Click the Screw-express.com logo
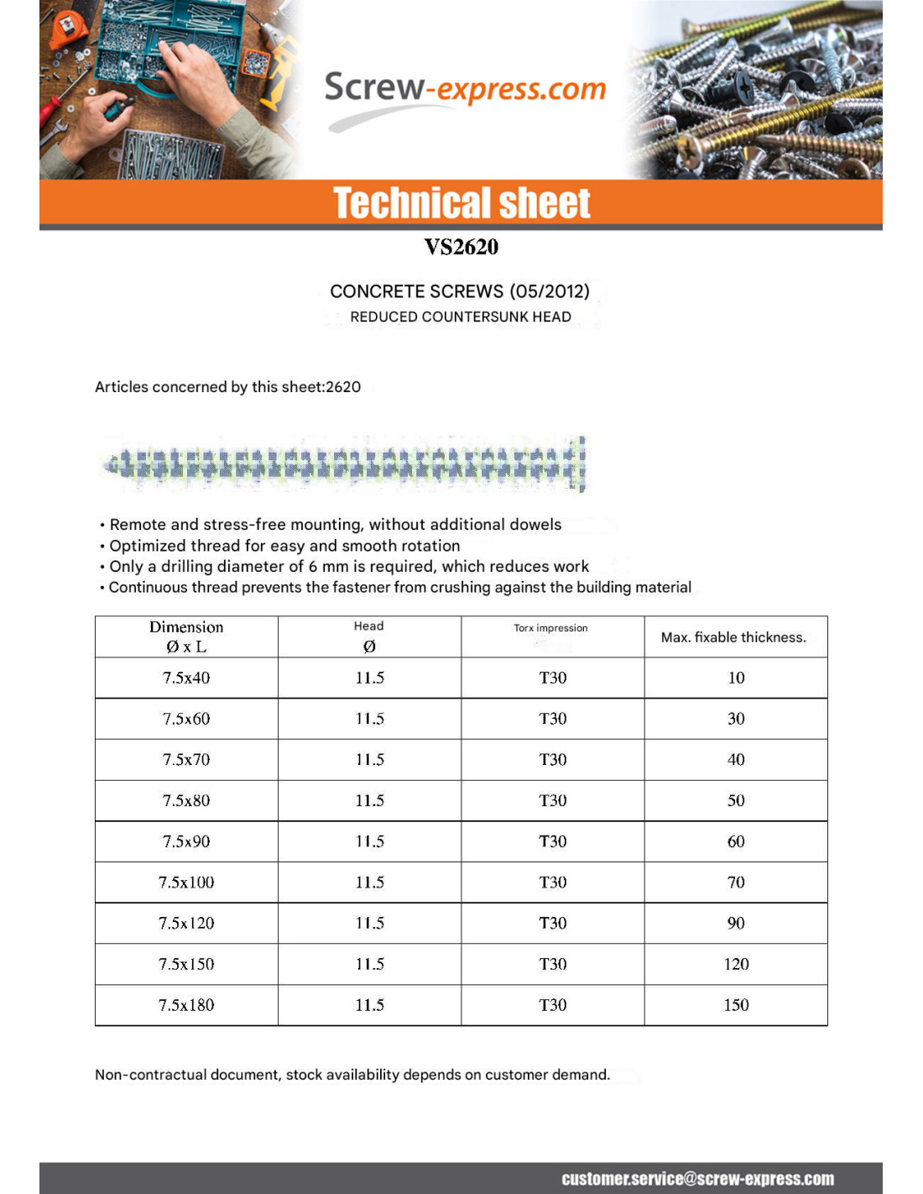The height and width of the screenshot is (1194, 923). [x=464, y=89]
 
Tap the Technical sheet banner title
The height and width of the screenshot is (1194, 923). [x=461, y=203]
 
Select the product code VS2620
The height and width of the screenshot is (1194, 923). [x=461, y=247]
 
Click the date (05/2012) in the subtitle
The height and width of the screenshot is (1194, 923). [x=549, y=291]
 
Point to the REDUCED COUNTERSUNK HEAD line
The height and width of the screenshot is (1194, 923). [x=461, y=317]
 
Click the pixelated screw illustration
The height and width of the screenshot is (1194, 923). [x=344, y=463]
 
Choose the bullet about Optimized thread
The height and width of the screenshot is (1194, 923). [x=284, y=546]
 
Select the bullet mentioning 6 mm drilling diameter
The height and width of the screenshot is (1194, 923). [x=349, y=567]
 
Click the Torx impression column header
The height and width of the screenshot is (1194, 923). [x=550, y=628]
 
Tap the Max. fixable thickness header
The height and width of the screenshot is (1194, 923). [x=733, y=637]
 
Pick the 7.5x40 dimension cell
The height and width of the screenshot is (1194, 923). [x=186, y=678]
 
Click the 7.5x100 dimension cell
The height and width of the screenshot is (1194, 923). [x=186, y=882]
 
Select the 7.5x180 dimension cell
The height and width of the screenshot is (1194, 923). [x=186, y=1005]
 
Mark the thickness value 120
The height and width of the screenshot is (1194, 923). [x=736, y=964]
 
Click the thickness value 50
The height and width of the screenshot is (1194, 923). [x=736, y=800]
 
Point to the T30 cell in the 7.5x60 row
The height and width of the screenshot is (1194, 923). [x=552, y=719]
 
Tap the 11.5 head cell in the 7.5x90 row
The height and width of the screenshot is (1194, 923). [x=369, y=841]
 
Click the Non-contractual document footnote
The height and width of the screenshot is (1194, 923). [x=352, y=1075]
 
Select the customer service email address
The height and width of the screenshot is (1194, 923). [x=697, y=1179]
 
